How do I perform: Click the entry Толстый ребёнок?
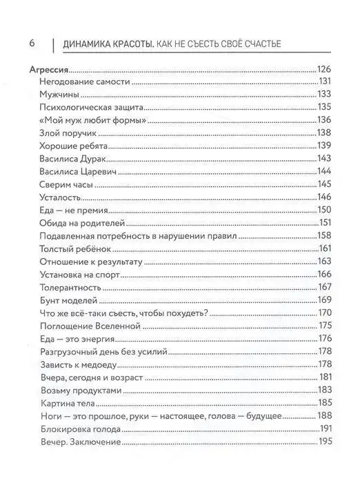point(77,248)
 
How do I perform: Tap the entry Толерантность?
point(74,286)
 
